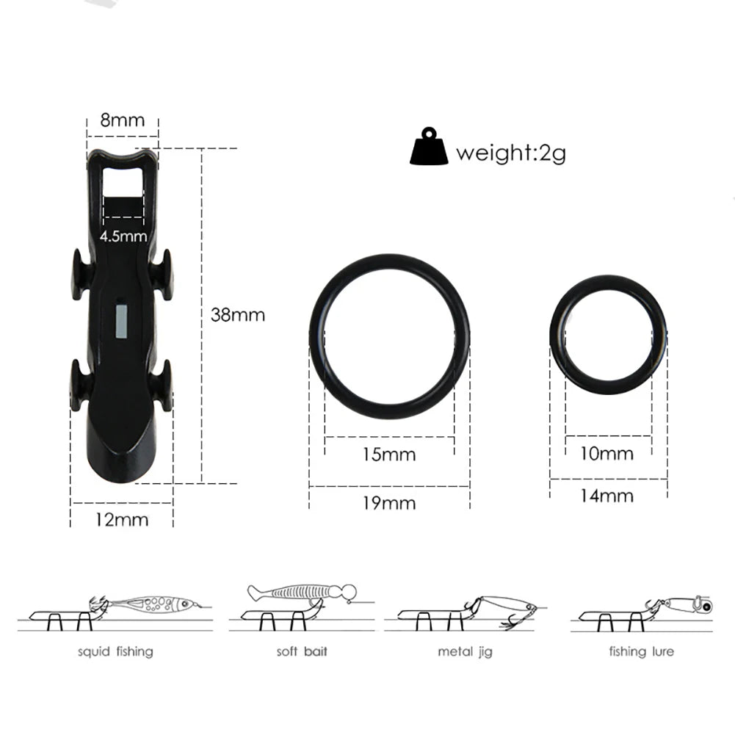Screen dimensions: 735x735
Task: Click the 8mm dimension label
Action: (123, 120)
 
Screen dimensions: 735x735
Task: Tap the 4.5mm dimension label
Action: (123, 236)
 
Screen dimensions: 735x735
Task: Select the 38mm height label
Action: (237, 315)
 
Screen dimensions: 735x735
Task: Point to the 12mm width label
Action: (123, 520)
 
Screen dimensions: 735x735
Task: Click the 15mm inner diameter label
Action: (388, 455)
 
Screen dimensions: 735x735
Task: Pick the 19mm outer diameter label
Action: (388, 503)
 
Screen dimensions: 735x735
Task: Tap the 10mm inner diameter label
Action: (607, 453)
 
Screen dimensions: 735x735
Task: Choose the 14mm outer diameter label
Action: (607, 496)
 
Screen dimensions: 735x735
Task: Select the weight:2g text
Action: (510, 153)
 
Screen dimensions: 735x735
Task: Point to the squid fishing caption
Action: (116, 651)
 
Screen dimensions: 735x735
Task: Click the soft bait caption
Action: (302, 651)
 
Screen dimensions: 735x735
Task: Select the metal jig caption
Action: (466, 651)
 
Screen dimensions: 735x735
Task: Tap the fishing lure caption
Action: (641, 651)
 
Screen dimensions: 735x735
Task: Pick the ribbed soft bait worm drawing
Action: (301, 592)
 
